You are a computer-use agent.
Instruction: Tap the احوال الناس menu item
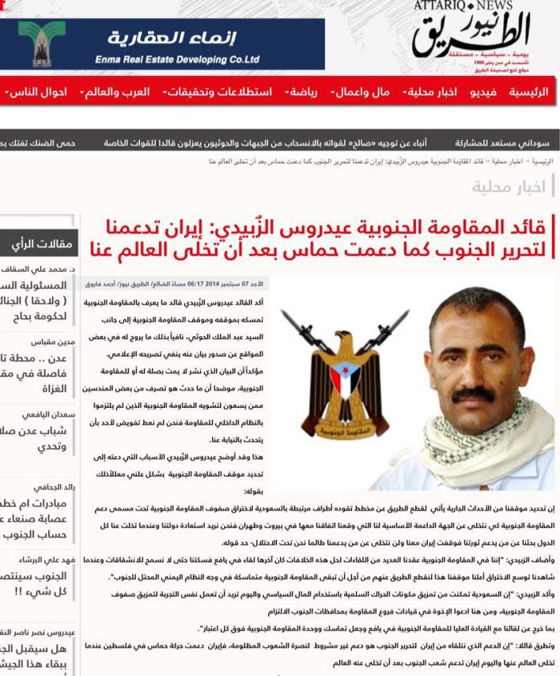35,93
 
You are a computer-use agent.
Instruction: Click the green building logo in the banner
38,43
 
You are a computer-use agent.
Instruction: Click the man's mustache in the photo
473,393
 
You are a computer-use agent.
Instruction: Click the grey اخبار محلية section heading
509,187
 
